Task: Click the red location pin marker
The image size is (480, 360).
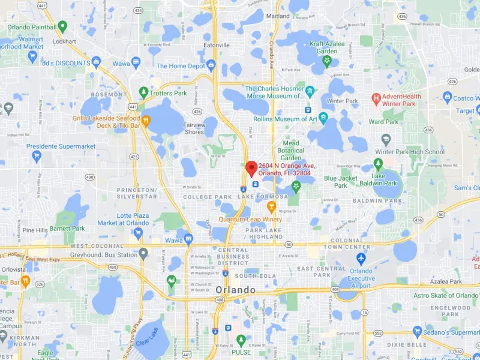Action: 252,167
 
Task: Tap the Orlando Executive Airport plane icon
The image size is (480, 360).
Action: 361,259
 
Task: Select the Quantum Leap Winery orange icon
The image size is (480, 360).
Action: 271,208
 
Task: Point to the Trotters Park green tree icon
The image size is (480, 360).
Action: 143,92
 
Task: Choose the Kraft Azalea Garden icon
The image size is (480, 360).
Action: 327,61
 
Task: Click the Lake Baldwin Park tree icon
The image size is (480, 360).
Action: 379,163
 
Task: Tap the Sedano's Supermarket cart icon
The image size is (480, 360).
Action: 418,332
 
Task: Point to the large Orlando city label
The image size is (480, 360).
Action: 235,290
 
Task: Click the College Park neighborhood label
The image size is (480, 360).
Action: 207,197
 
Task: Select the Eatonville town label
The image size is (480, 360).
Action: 217,45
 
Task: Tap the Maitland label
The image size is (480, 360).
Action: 278,16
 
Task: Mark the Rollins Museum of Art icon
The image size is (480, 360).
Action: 323,118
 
